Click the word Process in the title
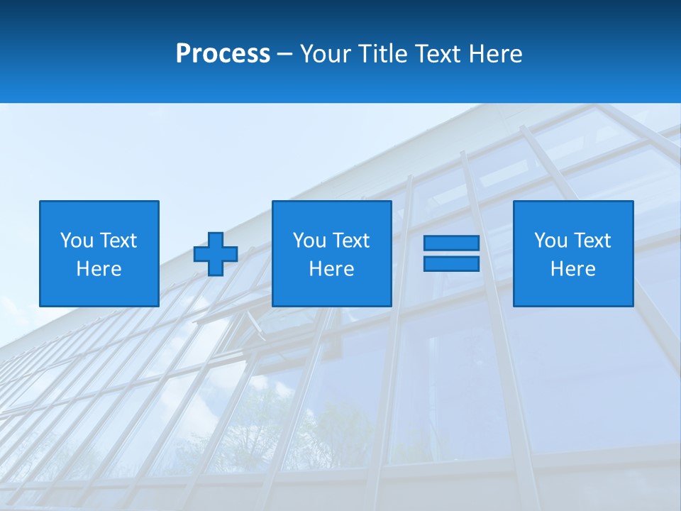coord(223,54)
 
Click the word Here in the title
coord(496,54)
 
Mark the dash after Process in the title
coord(285,55)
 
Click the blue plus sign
coord(216,253)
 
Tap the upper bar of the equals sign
coord(451,243)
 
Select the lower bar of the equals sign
coord(451,263)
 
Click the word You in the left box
coord(77,241)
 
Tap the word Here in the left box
coord(99,269)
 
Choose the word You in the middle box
coord(309,241)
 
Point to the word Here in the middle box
coord(331,269)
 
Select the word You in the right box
coord(550,241)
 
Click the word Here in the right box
coord(572,269)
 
